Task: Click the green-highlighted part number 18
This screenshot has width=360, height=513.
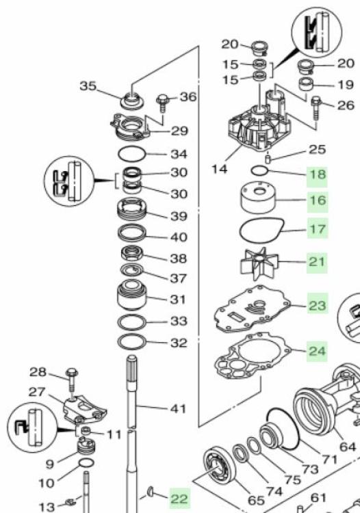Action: tap(318, 174)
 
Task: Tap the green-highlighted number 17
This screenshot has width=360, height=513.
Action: tap(318, 228)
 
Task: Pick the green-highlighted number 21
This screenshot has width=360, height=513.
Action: tap(318, 261)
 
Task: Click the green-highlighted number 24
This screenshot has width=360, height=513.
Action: tap(318, 351)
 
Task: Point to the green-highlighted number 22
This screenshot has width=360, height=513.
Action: tap(179, 499)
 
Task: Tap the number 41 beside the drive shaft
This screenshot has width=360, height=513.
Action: tap(178, 408)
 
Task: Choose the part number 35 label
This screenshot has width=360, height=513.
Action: tap(88, 86)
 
